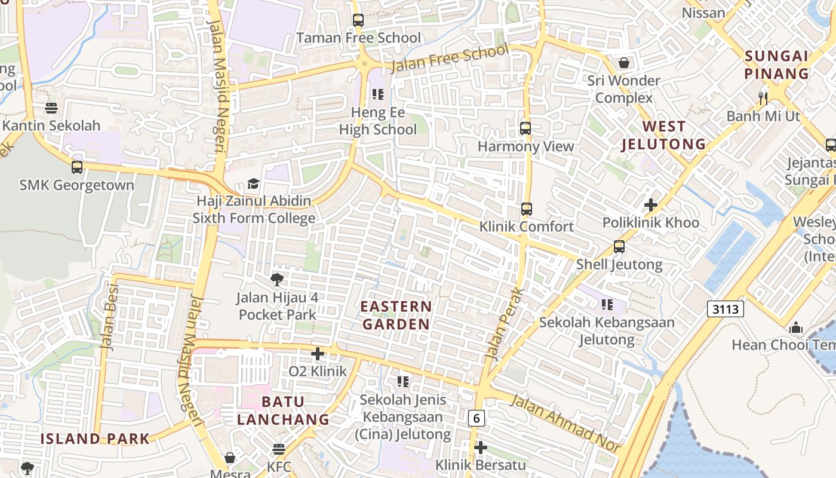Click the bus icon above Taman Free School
tap(358, 20)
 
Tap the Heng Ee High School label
tap(377, 121)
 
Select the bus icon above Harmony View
tap(525, 128)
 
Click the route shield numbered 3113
tap(726, 309)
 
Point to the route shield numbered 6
tap(475, 418)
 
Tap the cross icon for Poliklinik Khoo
tap(650, 205)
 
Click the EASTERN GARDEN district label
tap(396, 315)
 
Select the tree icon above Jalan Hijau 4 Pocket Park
tap(276, 279)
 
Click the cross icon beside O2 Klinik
tap(318, 354)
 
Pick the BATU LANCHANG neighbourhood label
tap(283, 410)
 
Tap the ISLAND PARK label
tap(95, 439)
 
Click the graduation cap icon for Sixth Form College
tap(254, 183)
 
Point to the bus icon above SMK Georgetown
tap(77, 167)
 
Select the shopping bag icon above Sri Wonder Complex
tap(624, 63)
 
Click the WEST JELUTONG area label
tap(663, 135)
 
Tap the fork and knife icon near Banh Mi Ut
tap(763, 98)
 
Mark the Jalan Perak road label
tap(505, 324)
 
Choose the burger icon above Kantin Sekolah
tap(51, 108)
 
